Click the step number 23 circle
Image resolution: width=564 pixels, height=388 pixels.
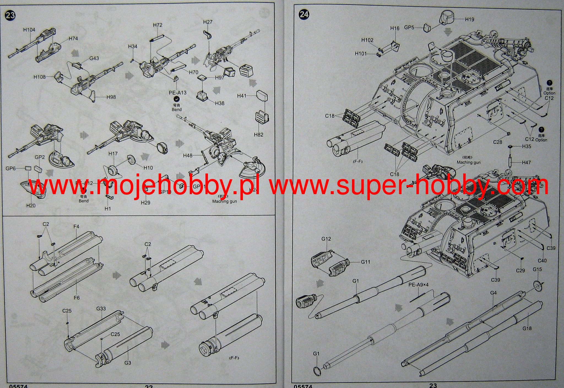tap(10, 15)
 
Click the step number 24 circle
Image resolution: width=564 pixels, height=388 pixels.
tap(304, 14)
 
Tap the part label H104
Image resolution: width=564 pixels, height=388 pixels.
tap(29, 30)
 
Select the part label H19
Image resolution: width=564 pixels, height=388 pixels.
tap(469, 19)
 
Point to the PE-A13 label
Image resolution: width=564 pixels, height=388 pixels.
tap(177, 93)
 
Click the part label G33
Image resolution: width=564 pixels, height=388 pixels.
tap(101, 309)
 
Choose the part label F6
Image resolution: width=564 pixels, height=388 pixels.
tap(77, 298)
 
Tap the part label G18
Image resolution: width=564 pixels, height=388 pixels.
tap(527, 328)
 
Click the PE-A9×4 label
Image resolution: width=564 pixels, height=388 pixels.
tap(418, 285)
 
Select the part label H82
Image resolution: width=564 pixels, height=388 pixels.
tap(259, 135)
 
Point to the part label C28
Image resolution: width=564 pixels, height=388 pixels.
tap(498, 142)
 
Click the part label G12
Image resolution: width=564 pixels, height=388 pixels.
tap(326, 239)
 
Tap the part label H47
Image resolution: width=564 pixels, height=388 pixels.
tap(526, 162)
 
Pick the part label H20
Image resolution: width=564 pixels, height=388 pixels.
tap(31, 205)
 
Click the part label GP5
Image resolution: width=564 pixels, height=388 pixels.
tap(409, 28)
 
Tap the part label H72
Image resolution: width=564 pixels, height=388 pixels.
tap(158, 25)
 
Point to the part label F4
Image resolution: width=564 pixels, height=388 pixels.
tap(76, 226)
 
